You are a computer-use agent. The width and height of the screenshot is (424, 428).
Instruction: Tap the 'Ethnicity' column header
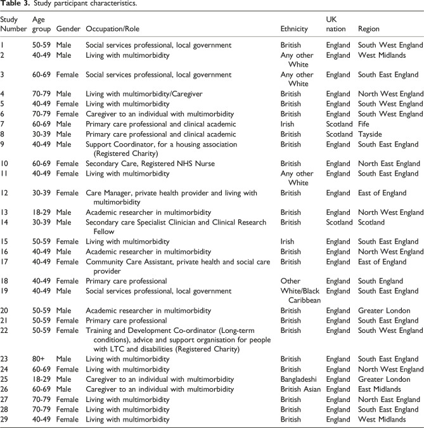pyautogui.click(x=295, y=30)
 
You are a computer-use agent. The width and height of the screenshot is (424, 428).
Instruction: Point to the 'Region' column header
pyautogui.click(x=369, y=30)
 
